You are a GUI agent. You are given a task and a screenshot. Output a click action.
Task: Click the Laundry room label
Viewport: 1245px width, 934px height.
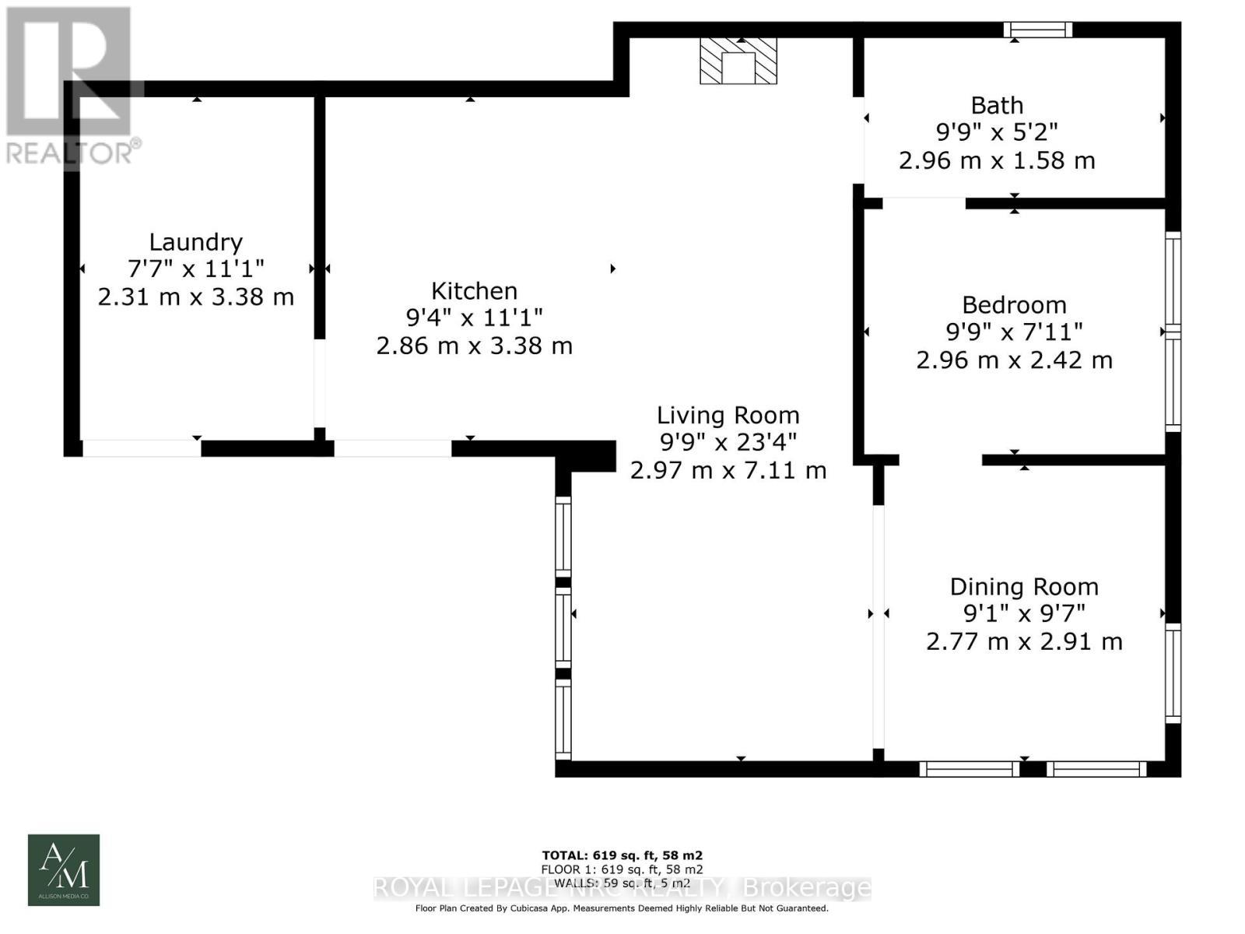tap(195, 242)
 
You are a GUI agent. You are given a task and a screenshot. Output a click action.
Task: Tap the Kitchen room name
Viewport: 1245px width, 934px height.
tap(474, 291)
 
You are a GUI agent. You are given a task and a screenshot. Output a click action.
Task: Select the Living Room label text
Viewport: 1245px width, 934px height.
tap(728, 416)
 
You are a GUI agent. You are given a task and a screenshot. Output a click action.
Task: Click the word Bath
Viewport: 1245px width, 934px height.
tap(997, 105)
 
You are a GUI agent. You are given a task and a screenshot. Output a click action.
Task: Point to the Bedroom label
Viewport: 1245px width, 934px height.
tap(1014, 304)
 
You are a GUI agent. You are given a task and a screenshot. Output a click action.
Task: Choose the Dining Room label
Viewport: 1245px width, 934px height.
tap(1024, 587)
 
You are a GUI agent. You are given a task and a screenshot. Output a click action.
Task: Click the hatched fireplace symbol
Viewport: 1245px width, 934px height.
tap(738, 61)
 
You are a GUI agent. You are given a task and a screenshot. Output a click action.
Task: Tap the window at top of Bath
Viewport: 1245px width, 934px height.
tap(1037, 30)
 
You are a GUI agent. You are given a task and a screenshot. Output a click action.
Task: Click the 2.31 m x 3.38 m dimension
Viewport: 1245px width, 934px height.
tap(195, 297)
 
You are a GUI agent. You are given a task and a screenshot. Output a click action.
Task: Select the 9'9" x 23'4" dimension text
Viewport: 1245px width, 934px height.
tap(728, 443)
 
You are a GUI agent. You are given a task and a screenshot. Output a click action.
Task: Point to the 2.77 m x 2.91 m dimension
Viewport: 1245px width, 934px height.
tap(1024, 642)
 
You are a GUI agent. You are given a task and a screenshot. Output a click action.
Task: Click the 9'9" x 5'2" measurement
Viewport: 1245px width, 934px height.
tap(997, 132)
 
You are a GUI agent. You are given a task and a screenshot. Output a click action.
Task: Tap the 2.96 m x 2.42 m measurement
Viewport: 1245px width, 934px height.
tap(1014, 360)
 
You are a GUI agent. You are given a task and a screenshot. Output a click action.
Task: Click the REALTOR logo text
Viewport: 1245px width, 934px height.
tap(73, 152)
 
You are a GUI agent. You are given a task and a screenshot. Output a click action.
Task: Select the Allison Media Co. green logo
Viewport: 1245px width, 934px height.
tap(64, 869)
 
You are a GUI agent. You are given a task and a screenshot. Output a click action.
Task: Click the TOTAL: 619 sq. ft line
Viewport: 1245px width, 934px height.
tap(622, 855)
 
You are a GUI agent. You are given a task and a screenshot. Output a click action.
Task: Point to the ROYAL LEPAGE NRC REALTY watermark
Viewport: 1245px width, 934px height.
tap(622, 887)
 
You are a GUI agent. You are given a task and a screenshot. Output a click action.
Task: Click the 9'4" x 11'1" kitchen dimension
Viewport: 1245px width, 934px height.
tap(474, 318)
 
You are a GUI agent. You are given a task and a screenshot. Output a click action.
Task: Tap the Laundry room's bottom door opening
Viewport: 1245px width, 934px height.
tap(142, 448)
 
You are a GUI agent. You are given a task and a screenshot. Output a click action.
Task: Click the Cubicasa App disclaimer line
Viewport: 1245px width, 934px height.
tap(622, 908)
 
